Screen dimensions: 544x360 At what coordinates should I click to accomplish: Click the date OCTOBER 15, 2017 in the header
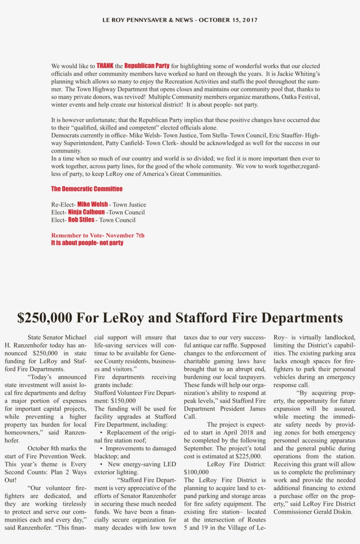coord(228,20)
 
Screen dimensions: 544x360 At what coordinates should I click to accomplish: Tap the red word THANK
coord(105,66)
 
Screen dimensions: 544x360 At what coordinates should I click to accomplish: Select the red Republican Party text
coord(147,66)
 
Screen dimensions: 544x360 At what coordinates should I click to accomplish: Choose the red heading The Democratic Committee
coord(87,189)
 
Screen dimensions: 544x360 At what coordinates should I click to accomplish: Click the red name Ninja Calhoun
coord(86,212)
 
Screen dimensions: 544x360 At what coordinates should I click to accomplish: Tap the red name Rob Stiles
coord(81,220)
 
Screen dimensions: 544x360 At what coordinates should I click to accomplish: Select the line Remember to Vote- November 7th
coord(98,236)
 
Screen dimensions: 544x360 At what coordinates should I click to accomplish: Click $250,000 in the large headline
coord(44,318)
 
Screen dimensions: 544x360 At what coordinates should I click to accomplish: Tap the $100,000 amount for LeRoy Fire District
coord(196,472)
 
